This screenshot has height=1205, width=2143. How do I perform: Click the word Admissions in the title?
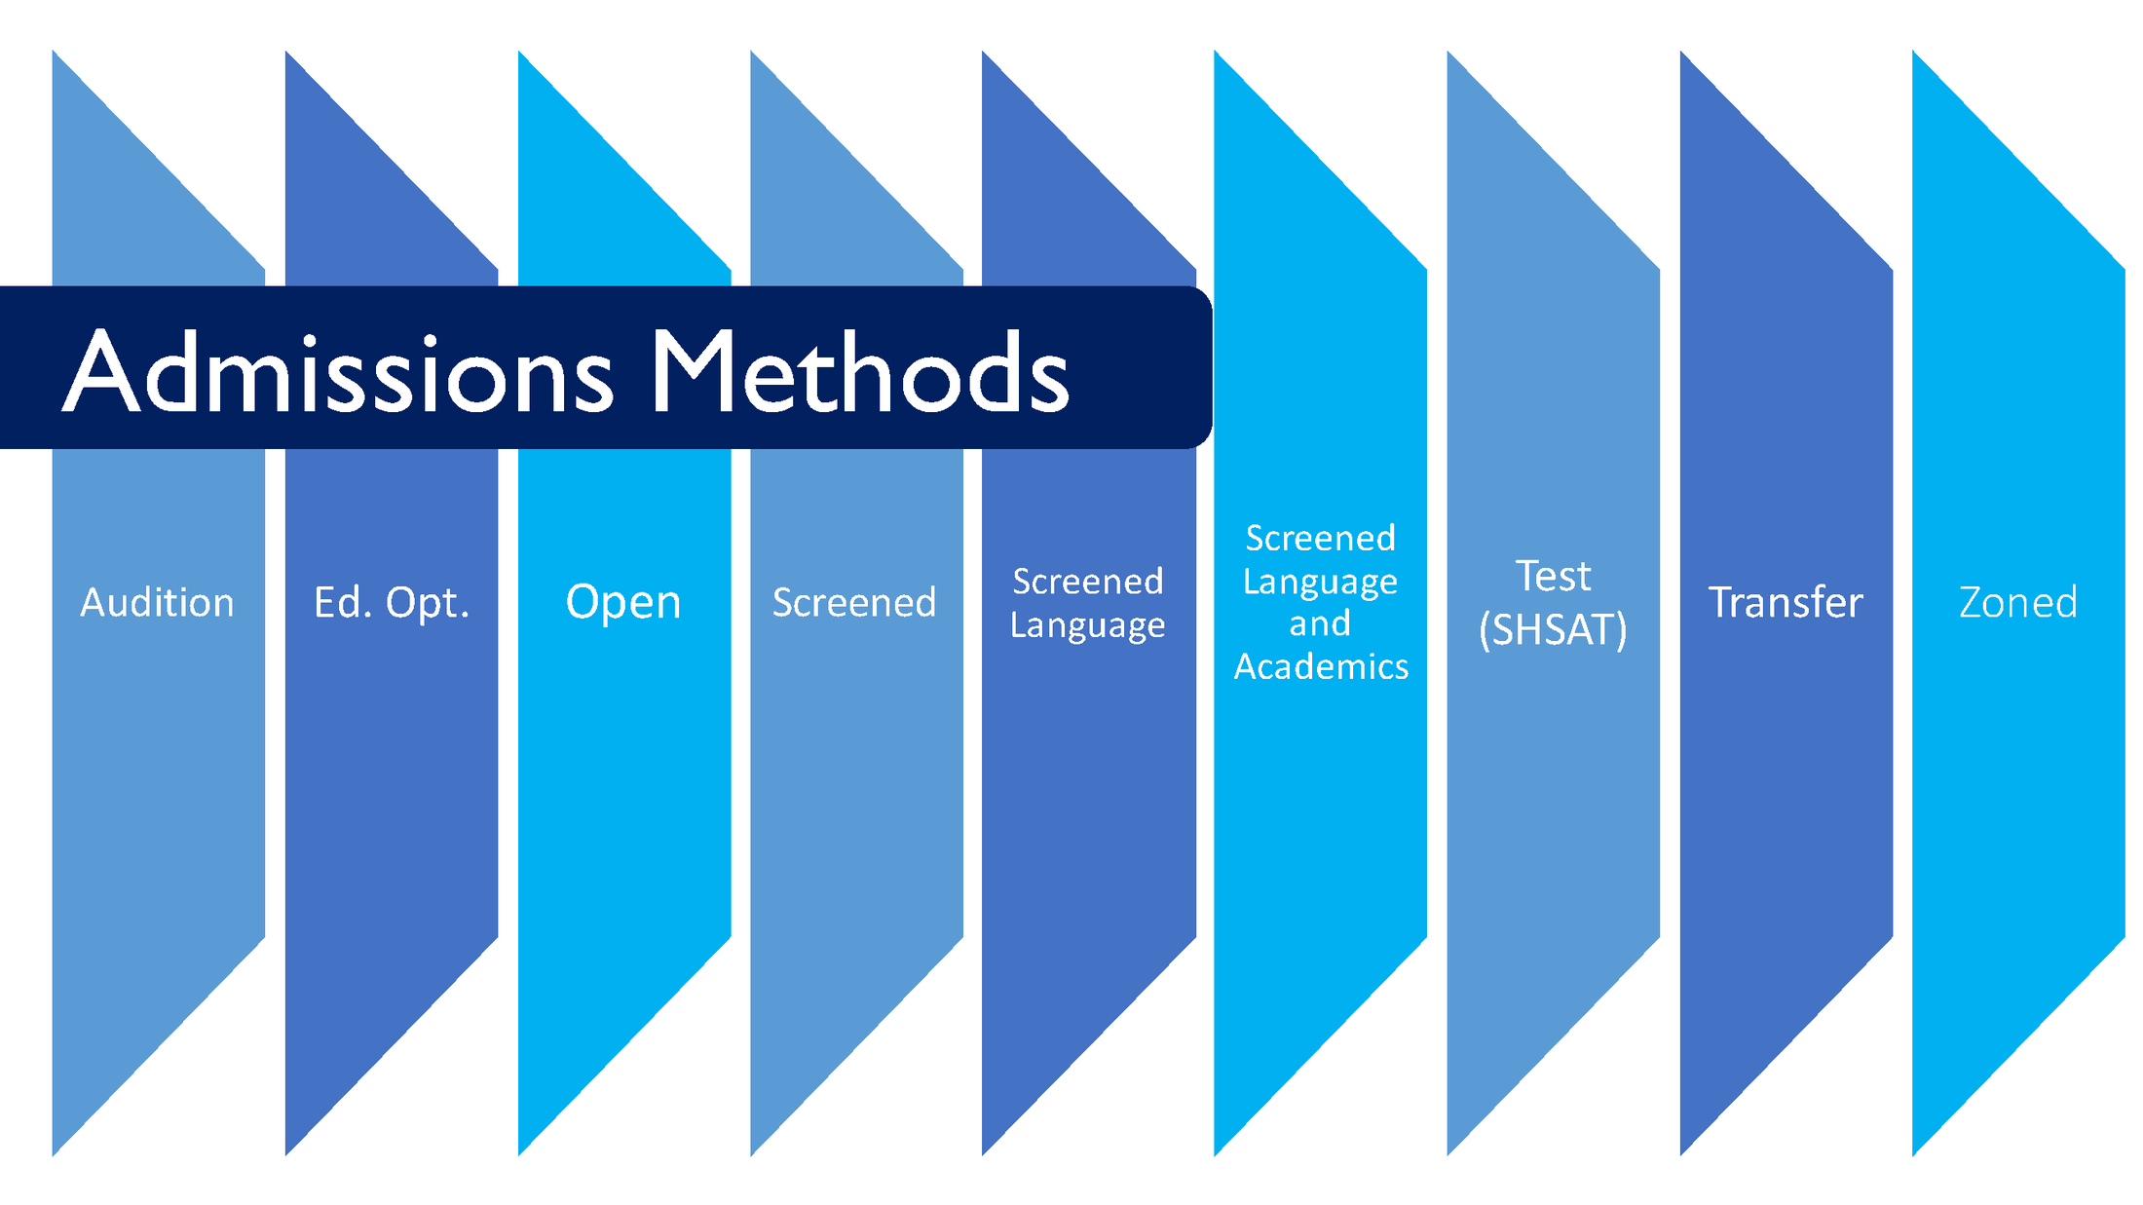coord(339,373)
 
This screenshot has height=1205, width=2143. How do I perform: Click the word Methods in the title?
coord(859,373)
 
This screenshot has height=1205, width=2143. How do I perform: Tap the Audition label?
coord(158,603)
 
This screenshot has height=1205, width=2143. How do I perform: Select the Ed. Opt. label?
coord(392,603)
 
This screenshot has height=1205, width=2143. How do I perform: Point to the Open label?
coord(623,602)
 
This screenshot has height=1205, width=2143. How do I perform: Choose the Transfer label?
coord(1786,602)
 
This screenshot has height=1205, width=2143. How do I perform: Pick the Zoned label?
coord(2017,602)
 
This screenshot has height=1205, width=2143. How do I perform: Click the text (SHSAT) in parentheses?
coord(1553,630)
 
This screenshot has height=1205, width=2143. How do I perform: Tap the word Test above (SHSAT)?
coord(1553,577)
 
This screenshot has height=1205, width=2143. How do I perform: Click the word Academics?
coord(1321,666)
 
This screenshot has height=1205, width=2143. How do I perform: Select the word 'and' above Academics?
coord(1320,623)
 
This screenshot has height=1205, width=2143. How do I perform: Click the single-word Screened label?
coord(854,603)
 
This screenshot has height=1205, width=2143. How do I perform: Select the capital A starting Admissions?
coord(102,373)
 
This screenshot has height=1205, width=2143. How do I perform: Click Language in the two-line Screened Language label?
coord(1087,624)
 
